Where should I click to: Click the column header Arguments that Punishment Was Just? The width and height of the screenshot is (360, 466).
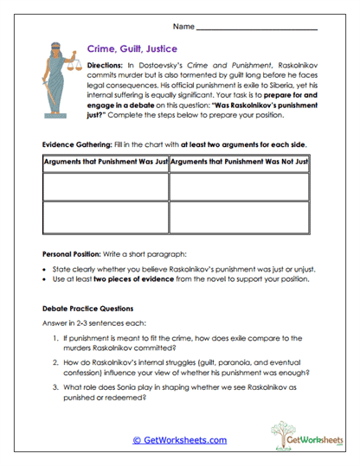105,163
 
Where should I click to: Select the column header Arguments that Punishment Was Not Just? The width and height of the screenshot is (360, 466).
232,163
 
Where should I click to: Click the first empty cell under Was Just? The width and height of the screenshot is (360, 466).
105,185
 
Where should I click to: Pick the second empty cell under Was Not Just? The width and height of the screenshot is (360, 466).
232,215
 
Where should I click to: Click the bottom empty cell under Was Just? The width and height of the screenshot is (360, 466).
105,215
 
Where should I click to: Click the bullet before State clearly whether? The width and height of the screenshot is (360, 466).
47,271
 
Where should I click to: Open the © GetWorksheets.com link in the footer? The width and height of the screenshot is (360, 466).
180,440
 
